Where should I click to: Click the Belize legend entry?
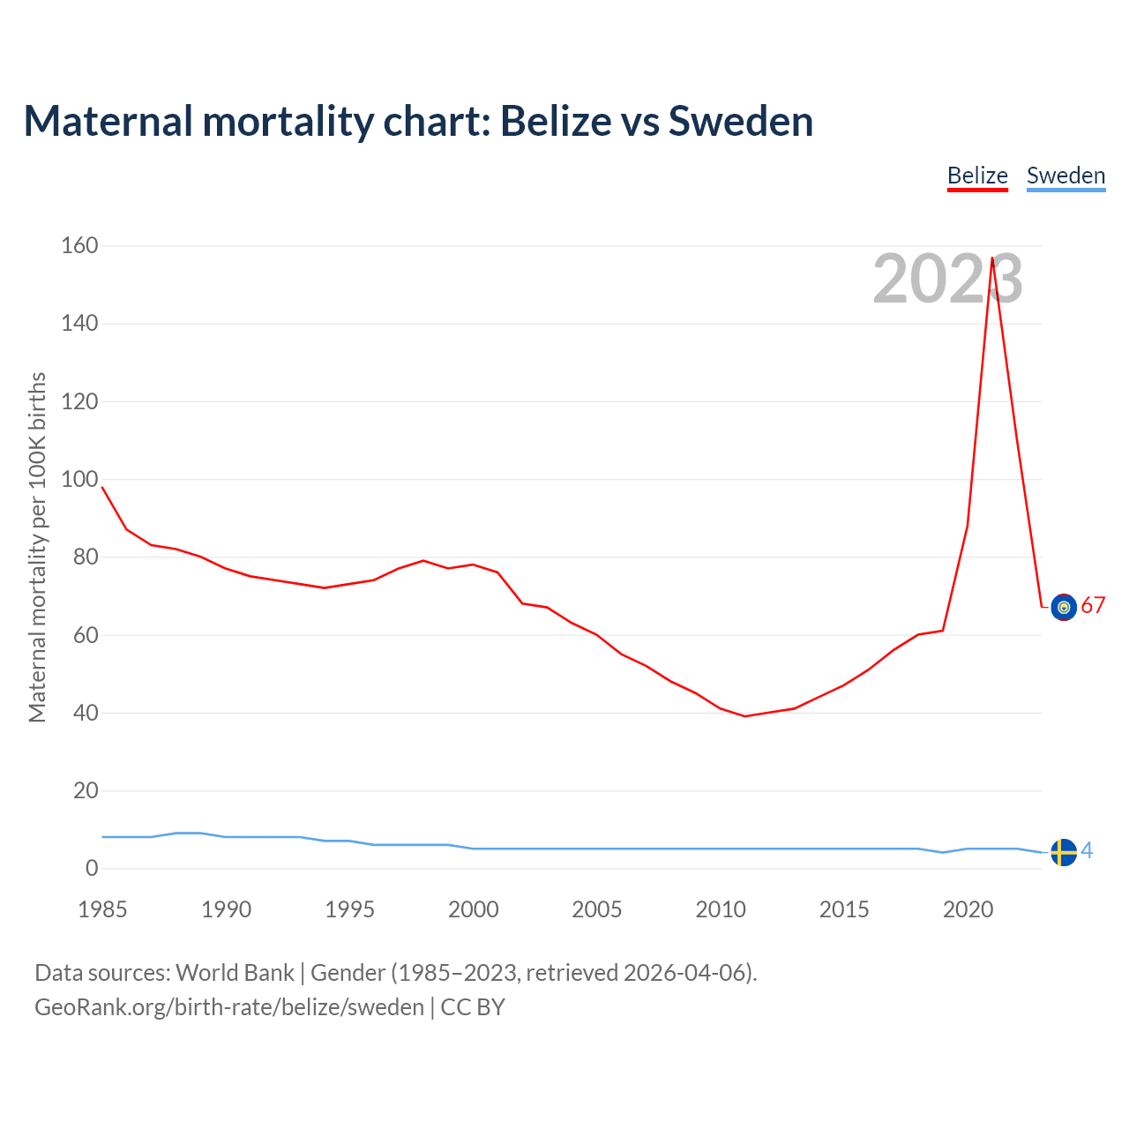pos(977,176)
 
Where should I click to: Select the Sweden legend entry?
pos(1065,176)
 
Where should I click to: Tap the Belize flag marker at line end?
pos(1064,607)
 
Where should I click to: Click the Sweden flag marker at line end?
pos(1064,852)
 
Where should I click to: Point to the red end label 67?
pos(1093,605)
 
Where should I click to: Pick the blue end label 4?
pos(1087,850)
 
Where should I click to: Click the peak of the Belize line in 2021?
pos(992,258)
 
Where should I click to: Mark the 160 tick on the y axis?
pos(79,245)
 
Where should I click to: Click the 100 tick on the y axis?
pos(79,479)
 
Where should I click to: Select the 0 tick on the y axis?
pos(92,869)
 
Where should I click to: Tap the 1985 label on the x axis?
pos(102,909)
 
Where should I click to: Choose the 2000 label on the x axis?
pos(474,909)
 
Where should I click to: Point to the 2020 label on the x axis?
pos(968,909)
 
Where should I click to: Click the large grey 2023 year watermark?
pos(947,279)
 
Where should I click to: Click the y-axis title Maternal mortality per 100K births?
pos(37,547)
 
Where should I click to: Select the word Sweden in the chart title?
pos(741,121)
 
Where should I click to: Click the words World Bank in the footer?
pos(235,973)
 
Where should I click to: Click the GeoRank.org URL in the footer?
pos(229,1007)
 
